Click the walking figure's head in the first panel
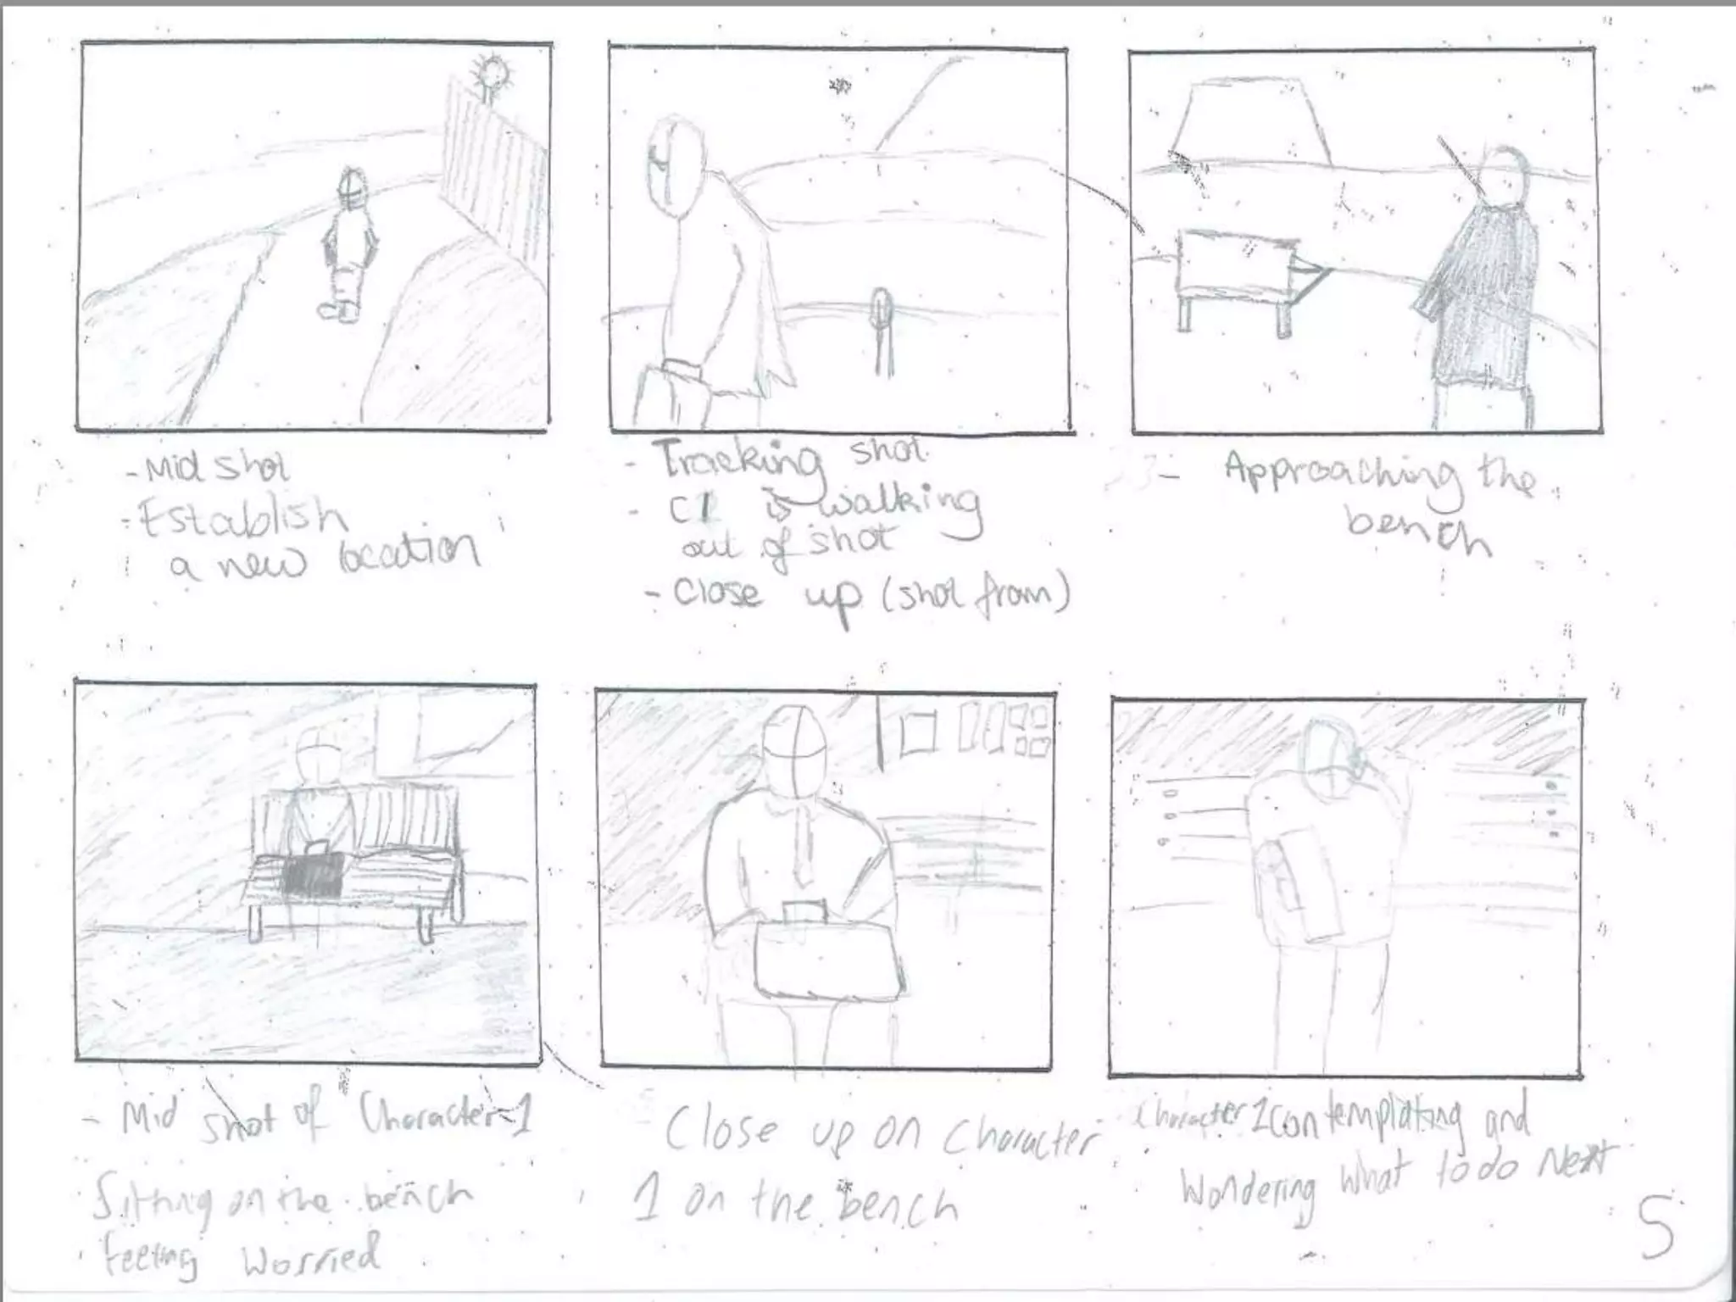click(x=351, y=191)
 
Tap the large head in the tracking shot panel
click(x=675, y=170)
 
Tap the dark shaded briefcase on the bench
click(x=314, y=873)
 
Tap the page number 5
click(x=1655, y=1227)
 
